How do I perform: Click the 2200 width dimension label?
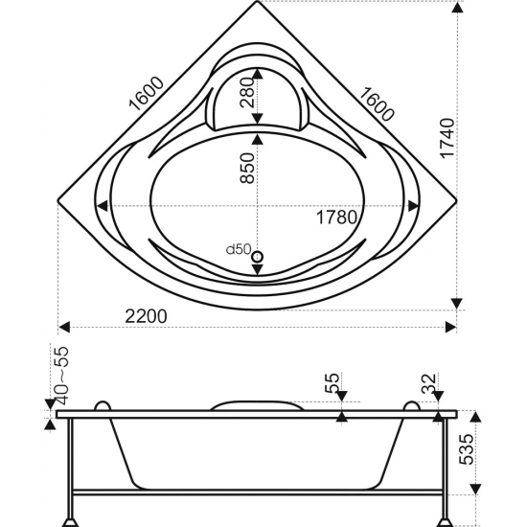click(146, 316)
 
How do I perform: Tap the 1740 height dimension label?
click(447, 138)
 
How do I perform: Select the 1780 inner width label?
click(336, 218)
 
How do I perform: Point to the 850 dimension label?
click(247, 168)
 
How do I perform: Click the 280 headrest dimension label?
click(247, 92)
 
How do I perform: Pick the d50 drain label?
click(239, 249)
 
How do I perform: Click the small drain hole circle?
click(258, 257)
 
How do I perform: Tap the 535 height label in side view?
click(467, 449)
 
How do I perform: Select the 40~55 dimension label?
click(60, 375)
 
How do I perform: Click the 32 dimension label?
click(429, 384)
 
